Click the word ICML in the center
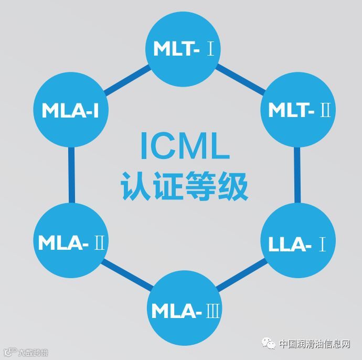[184, 146]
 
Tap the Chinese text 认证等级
[184, 184]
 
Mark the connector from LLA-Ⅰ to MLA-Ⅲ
[240, 276]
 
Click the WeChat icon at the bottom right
[269, 344]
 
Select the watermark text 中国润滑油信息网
[314, 344]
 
